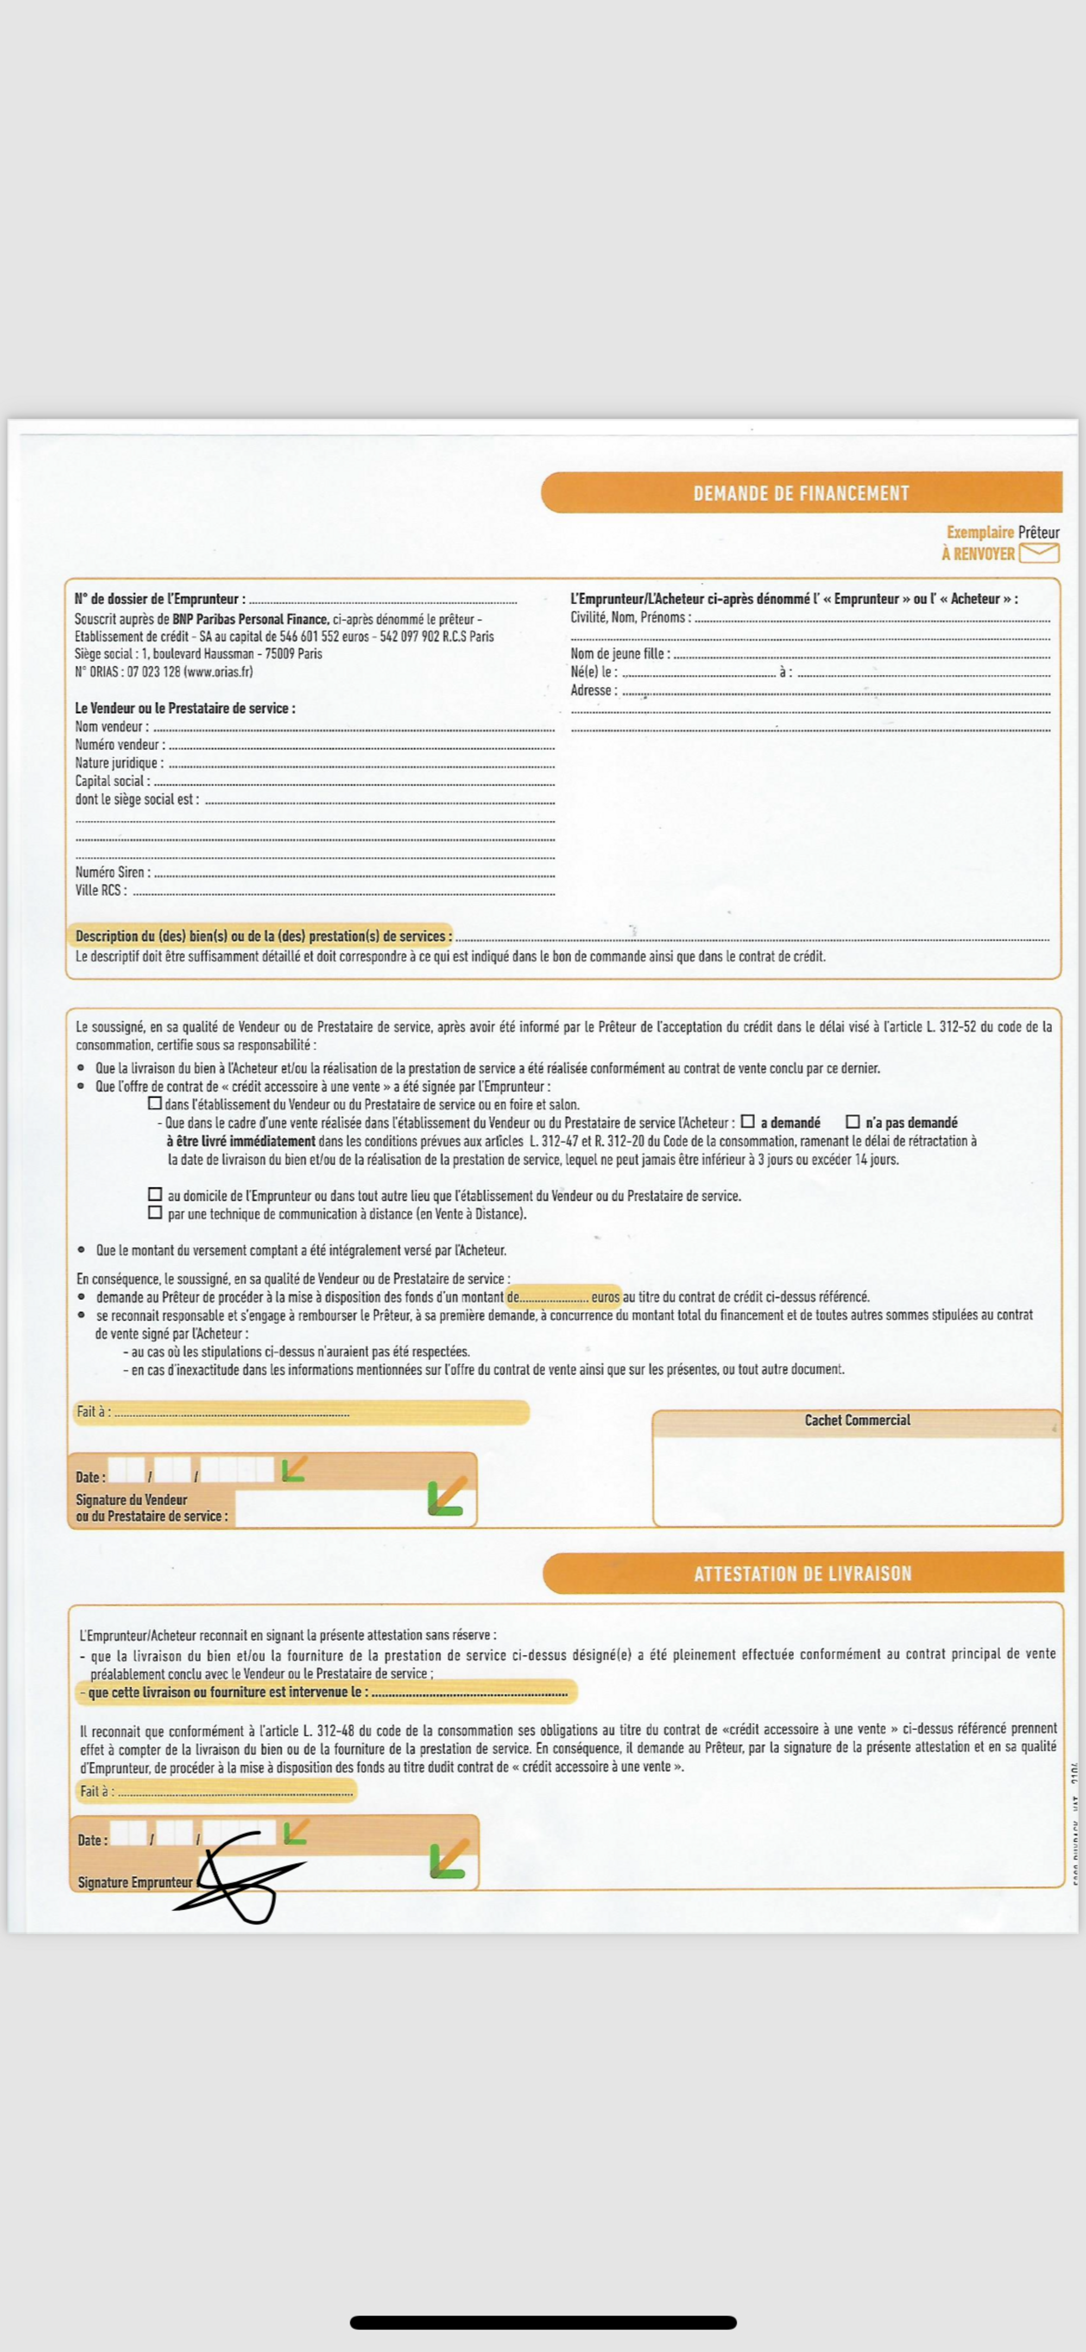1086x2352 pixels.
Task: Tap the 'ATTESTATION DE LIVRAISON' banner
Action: (802, 1573)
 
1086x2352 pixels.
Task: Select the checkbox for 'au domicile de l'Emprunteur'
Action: (155, 1194)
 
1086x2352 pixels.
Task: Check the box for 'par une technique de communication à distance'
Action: (155, 1212)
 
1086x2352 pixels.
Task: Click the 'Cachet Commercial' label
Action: (857, 1420)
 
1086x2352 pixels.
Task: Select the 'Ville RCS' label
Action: (100, 890)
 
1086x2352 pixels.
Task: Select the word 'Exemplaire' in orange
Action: (979, 533)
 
